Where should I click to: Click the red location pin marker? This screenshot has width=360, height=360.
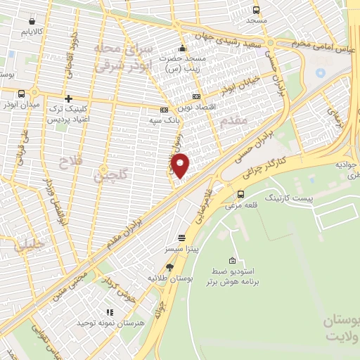(181, 165)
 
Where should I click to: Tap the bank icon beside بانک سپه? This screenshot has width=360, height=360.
(164, 110)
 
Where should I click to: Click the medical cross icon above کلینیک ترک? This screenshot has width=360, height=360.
(67, 99)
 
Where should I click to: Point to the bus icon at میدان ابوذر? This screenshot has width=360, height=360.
(22, 94)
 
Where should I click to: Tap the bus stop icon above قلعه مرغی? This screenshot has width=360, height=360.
(241, 195)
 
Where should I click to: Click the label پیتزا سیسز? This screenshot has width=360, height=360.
(182, 250)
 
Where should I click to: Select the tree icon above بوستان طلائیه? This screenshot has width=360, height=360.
(169, 266)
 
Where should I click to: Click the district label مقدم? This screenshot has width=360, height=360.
(233, 121)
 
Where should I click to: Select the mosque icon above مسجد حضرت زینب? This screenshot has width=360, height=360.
(183, 49)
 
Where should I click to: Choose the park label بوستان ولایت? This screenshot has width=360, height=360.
(340, 328)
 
